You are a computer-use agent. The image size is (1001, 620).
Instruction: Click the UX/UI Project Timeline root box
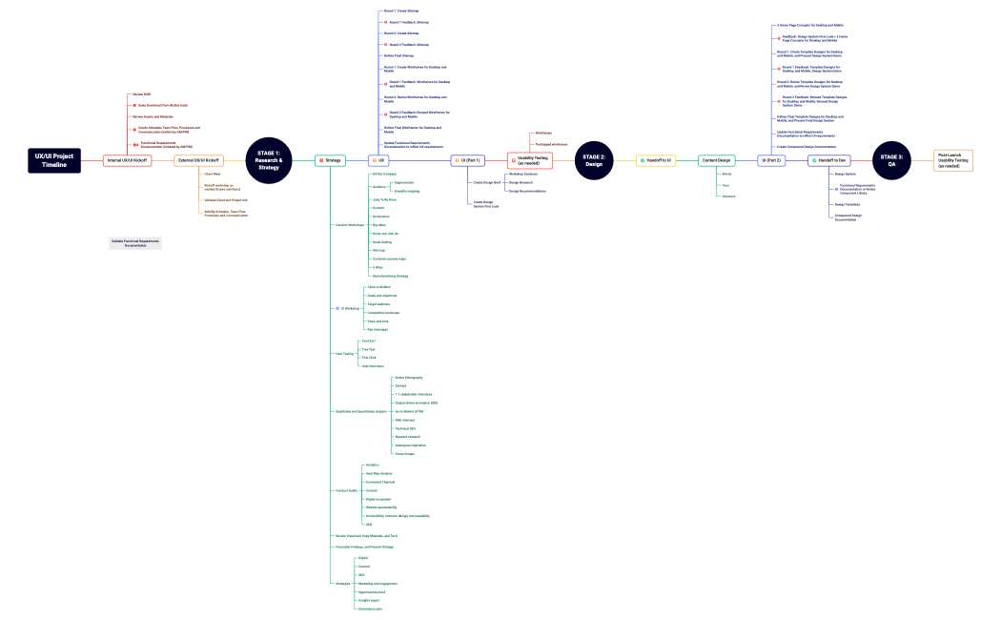[x=54, y=160]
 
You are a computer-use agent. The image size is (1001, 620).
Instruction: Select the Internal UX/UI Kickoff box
[x=128, y=160]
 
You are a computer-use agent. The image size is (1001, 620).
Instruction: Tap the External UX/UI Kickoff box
[x=198, y=160]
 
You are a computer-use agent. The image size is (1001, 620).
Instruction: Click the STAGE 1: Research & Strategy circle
[x=268, y=160]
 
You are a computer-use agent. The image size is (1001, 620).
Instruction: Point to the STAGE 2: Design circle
[x=594, y=160]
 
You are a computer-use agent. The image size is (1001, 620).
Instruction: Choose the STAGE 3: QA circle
[x=891, y=160]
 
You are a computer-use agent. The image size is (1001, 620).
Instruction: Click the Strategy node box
[x=331, y=160]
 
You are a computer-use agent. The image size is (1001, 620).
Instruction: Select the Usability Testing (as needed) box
[x=531, y=160]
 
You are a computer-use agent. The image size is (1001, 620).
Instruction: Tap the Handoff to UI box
[x=656, y=160]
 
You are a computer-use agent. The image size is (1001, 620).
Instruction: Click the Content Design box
[x=717, y=160]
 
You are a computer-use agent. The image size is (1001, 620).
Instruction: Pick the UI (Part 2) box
[x=771, y=160]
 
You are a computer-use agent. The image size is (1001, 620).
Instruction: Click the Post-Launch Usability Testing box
[x=953, y=160]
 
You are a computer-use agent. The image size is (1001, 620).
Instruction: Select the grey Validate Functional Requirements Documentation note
[x=134, y=243]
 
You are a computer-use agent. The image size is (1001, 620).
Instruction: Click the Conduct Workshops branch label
[x=349, y=224]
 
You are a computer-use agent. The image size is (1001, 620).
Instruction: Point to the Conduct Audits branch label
[x=346, y=490]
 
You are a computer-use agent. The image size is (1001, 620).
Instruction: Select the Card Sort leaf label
[x=368, y=341]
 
